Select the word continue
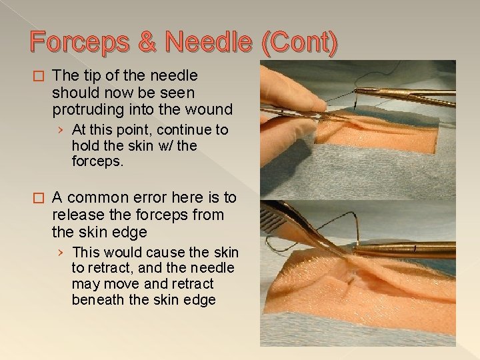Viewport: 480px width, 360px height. click(179, 129)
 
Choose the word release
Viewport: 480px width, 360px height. click(76, 215)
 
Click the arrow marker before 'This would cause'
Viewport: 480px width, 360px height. click(61, 253)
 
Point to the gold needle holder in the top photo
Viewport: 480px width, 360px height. click(407, 93)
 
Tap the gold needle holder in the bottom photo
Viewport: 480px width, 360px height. click(407, 249)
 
